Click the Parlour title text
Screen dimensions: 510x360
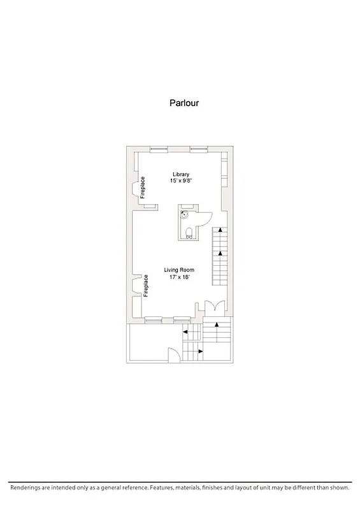click(184, 102)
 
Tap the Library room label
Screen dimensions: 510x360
click(181, 175)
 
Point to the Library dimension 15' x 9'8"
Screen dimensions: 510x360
click(181, 182)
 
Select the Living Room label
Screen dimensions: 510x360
click(180, 270)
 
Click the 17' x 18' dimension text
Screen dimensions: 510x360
click(180, 278)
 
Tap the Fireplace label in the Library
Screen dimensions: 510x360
click(143, 187)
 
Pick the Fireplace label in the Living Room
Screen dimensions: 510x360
click(146, 286)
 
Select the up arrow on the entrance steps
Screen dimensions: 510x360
click(218, 325)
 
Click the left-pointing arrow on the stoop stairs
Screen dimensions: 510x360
click(185, 331)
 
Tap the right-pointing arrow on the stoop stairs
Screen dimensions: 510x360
click(200, 351)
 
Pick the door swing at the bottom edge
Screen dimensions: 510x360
click(173, 355)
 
